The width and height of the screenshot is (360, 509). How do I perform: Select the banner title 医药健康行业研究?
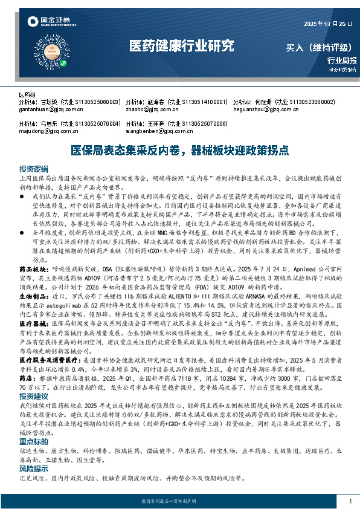[x=181, y=46]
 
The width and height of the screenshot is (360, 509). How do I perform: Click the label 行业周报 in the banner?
[x=342, y=60]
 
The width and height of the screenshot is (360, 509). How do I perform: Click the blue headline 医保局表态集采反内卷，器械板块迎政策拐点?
[x=179, y=149]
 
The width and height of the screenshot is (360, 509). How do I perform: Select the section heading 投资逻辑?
[x=33, y=168]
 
